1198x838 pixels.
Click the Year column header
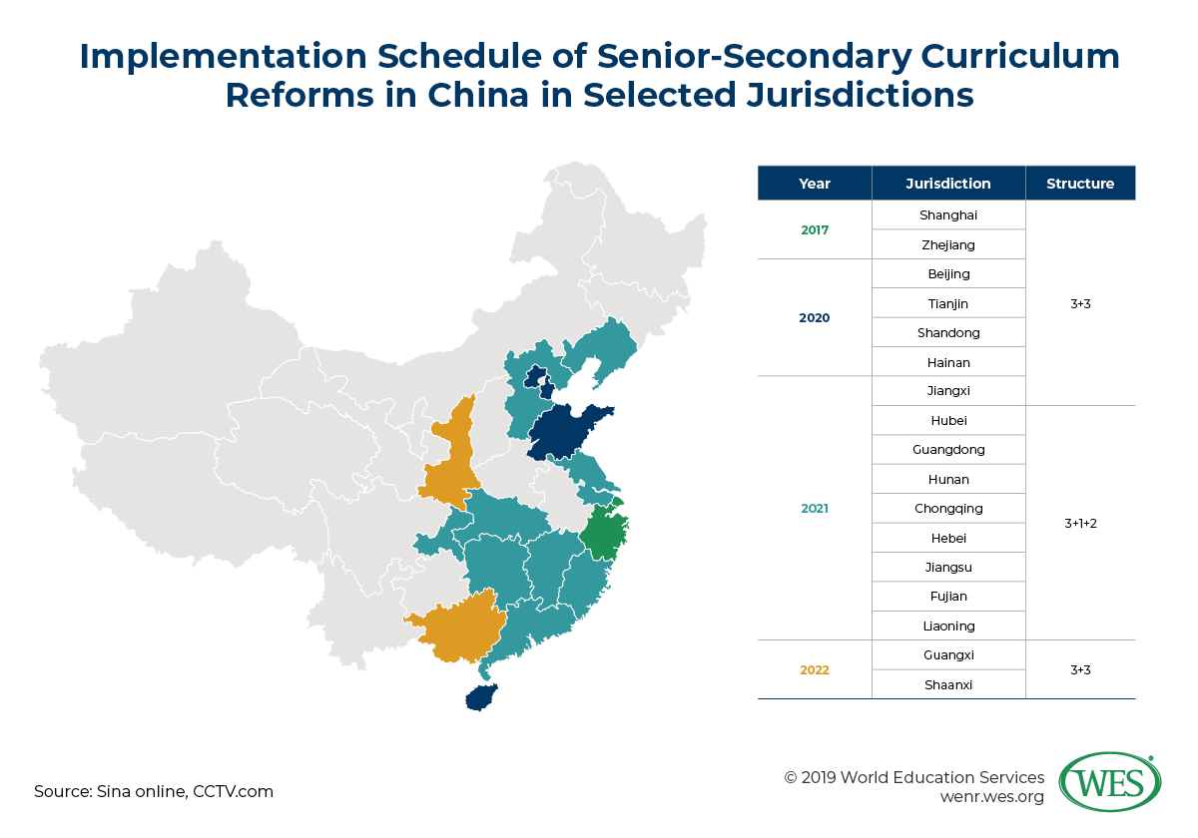pyautogui.click(x=814, y=184)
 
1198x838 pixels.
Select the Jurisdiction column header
pyautogui.click(x=947, y=184)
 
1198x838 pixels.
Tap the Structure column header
pyautogui.click(x=1079, y=184)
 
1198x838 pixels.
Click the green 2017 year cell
pyautogui.click(x=814, y=229)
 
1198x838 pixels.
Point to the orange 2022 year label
pyautogui.click(x=814, y=669)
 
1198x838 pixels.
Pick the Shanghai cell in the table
pyautogui.click(x=947, y=214)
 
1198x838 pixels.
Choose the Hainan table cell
pyautogui.click(x=947, y=362)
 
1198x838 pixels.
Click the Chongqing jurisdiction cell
pyautogui.click(x=947, y=509)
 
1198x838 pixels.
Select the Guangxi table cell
pyautogui.click(x=947, y=655)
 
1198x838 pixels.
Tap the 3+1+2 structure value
pyautogui.click(x=1079, y=523)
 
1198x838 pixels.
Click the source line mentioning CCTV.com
pyautogui.click(x=154, y=791)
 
